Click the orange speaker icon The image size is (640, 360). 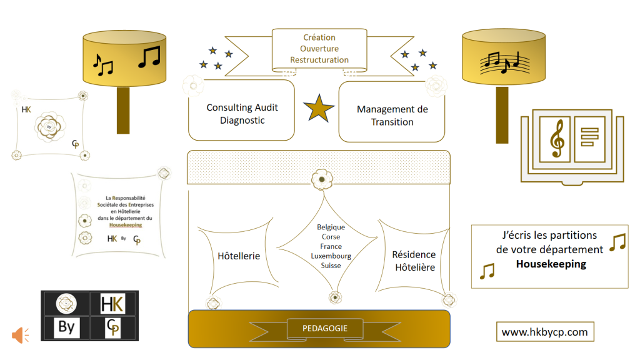(20, 335)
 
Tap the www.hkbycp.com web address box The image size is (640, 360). (545, 332)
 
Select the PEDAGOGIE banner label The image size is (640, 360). (325, 329)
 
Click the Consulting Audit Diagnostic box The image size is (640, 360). (242, 111)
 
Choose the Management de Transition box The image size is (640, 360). (392, 112)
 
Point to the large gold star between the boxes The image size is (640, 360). (319, 109)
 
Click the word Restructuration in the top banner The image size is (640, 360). (319, 60)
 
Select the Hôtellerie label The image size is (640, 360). (239, 256)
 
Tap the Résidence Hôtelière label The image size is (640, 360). (414, 261)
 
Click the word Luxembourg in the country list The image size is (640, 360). (331, 256)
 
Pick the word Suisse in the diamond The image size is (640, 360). (331, 265)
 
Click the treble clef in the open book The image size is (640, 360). (557, 138)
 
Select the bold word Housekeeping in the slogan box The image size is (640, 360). (551, 264)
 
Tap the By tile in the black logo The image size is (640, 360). (66, 327)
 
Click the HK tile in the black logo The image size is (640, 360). (112, 304)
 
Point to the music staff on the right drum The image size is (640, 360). (504, 62)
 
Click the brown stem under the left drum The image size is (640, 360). (123, 110)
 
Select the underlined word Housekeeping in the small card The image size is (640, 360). (126, 225)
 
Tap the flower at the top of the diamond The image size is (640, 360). (322, 179)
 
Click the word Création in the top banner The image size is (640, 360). (319, 37)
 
